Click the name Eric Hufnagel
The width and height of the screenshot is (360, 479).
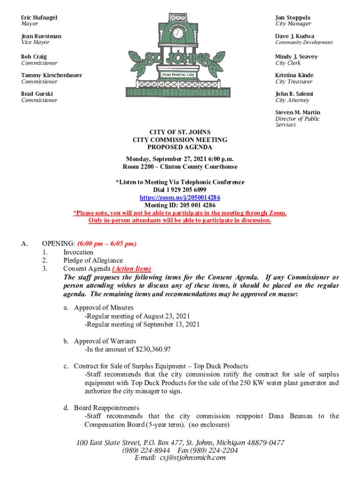[x=39, y=17]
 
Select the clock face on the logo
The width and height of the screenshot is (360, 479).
[x=178, y=33]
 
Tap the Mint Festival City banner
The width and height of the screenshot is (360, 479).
[x=178, y=74]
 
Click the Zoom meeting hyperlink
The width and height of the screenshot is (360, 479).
[x=180, y=197]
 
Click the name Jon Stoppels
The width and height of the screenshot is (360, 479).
[x=293, y=17]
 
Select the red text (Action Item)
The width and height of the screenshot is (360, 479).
[x=131, y=269]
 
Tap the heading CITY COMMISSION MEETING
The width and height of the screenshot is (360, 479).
[x=180, y=139]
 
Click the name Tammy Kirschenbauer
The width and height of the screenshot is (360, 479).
[x=51, y=75]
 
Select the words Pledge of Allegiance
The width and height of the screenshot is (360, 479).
[x=93, y=260]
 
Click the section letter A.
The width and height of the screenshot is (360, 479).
[x=25, y=244]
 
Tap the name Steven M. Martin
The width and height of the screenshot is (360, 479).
[x=298, y=112]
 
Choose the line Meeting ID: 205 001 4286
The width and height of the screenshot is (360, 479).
[x=180, y=205]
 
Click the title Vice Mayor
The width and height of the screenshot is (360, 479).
[x=35, y=43]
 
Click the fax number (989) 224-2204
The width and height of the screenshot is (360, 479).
[x=208, y=450]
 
